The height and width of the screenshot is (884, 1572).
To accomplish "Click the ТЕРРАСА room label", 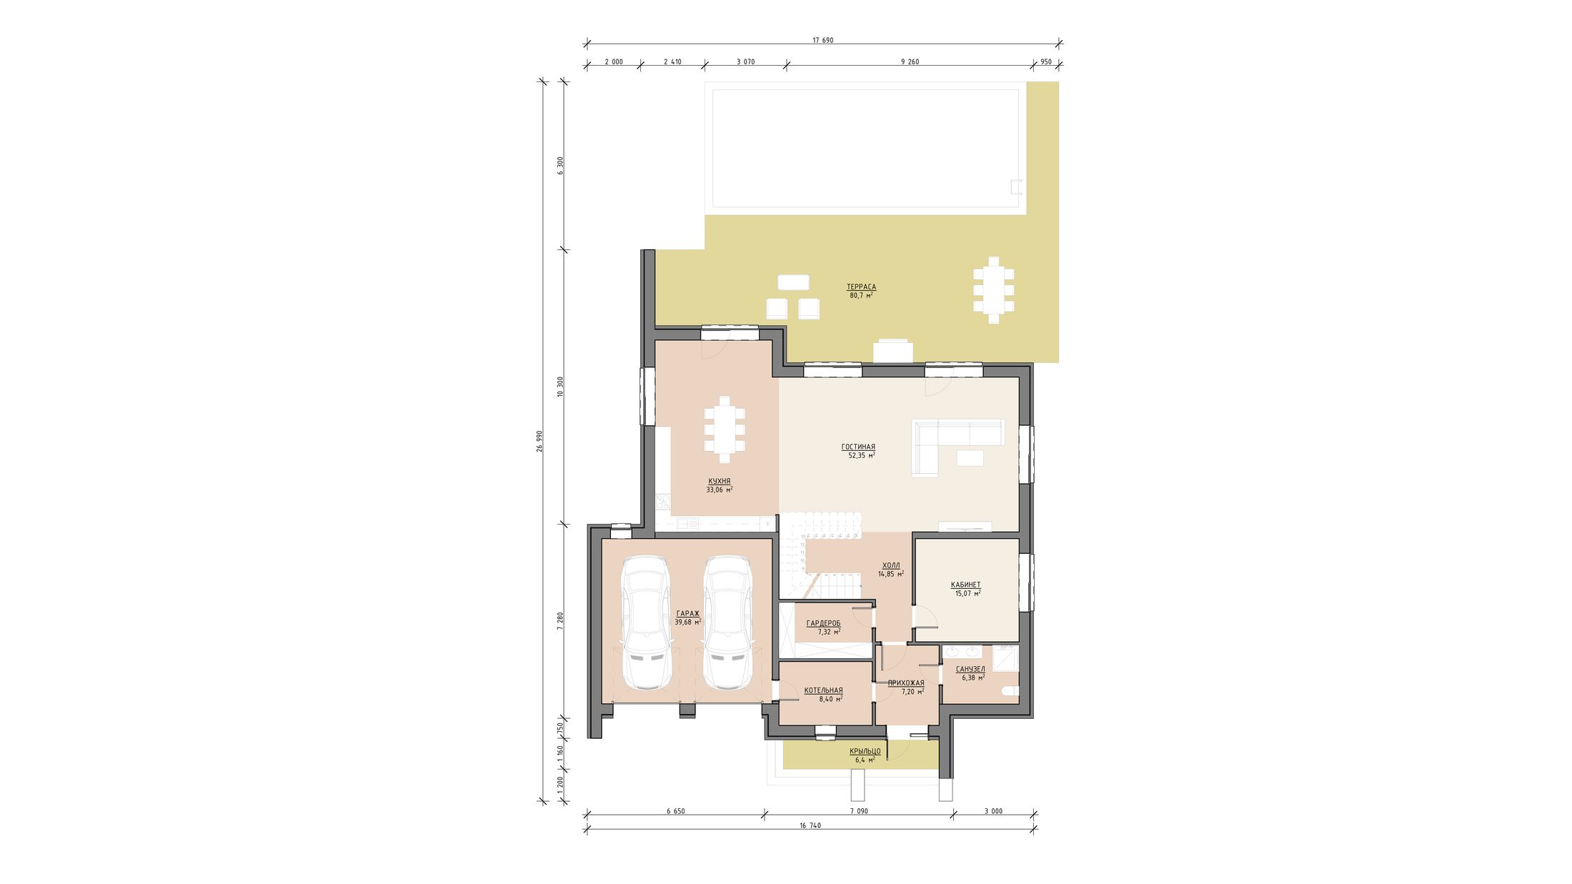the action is point(861,287).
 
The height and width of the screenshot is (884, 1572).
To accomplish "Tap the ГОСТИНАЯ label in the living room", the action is point(858,447).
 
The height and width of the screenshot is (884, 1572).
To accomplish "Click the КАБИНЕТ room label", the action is point(966,585).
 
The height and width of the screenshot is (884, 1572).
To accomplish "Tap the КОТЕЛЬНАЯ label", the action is point(823,690).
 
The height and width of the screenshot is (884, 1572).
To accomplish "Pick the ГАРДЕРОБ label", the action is point(823,623).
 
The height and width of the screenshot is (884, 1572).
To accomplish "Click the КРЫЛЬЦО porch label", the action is point(865,751).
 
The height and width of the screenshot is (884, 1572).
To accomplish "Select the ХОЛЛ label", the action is point(891,565).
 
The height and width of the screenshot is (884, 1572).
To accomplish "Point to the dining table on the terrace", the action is point(993,290).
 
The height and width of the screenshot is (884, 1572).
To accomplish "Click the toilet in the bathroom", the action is point(1010,691).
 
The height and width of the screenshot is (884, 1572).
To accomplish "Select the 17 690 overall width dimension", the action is point(822,40).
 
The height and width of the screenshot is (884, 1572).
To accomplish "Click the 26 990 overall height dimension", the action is point(539,441).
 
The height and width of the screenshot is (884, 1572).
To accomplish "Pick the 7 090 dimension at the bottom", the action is point(859,811).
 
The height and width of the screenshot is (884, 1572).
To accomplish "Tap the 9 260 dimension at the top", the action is point(910,61).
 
